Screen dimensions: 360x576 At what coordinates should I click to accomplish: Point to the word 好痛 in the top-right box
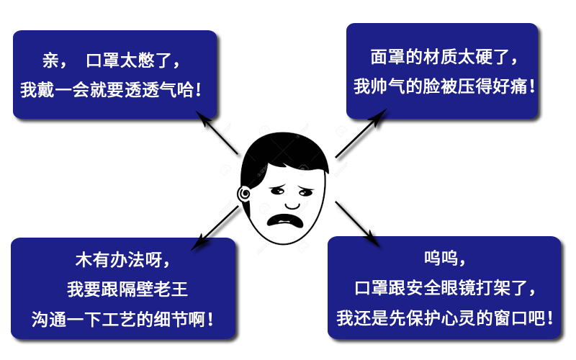tap(510, 87)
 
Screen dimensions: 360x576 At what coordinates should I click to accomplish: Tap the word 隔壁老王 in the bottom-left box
tap(153, 289)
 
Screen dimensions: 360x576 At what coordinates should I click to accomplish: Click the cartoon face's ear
tap(244, 193)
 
